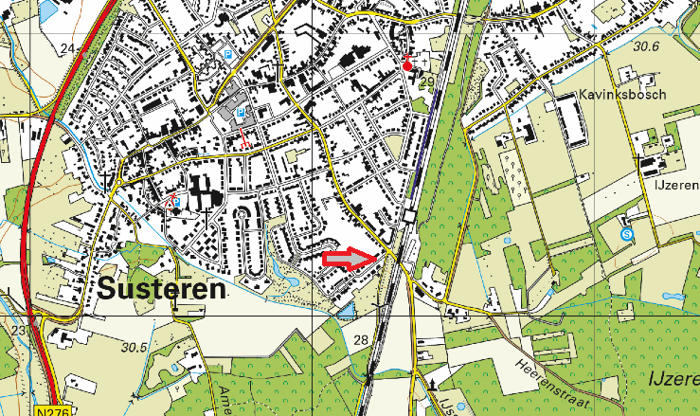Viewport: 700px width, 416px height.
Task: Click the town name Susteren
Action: (161, 288)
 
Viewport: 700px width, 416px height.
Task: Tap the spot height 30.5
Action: (135, 348)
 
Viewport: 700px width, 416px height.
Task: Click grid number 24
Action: (67, 48)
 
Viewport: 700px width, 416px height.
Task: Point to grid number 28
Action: (360, 340)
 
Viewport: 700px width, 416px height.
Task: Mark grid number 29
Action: (426, 83)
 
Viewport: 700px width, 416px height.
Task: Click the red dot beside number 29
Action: (408, 66)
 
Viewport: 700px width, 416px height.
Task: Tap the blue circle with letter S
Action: (626, 233)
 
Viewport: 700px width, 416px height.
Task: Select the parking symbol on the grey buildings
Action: (239, 113)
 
